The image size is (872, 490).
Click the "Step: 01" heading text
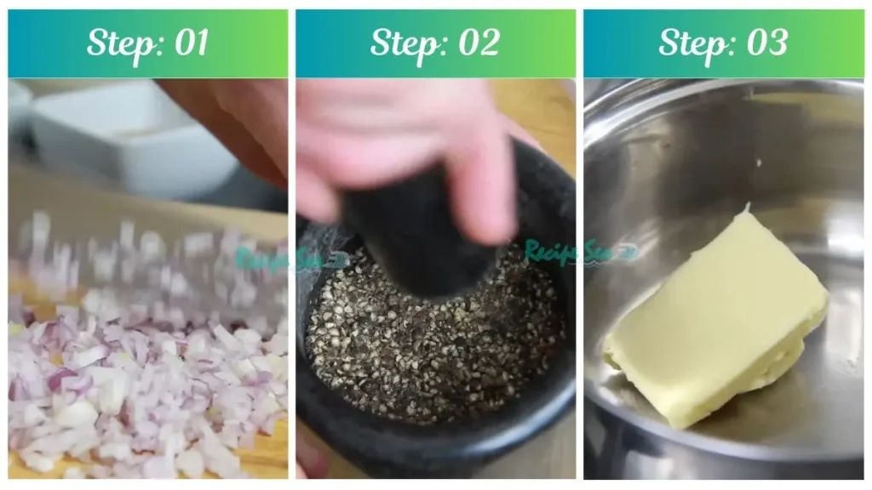[147, 43]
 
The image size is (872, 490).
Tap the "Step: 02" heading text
[435, 43]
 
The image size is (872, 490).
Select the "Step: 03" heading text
[723, 43]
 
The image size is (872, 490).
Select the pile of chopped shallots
[136, 391]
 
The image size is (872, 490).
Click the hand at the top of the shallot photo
[238, 119]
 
